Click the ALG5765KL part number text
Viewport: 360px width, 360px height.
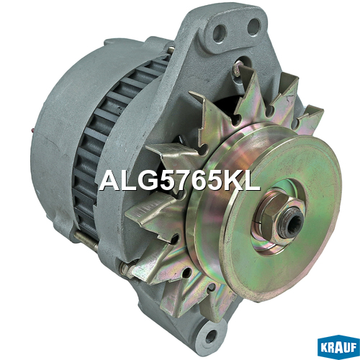tap(179, 181)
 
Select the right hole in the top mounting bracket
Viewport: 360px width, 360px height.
tap(253, 26)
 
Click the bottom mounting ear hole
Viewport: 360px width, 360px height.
tap(210, 336)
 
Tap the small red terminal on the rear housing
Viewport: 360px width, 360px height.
tap(32, 130)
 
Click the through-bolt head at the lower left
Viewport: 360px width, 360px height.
tap(125, 268)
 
